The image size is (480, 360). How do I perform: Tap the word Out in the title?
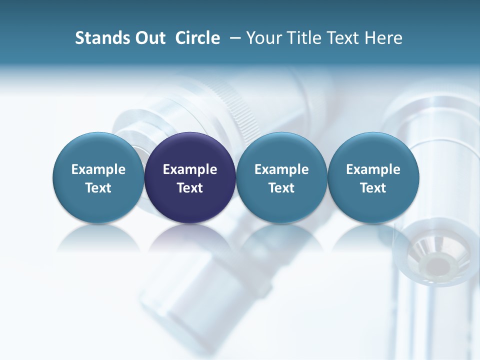(149, 38)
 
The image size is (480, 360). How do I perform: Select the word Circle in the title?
(197, 38)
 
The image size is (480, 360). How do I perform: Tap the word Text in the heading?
(345, 38)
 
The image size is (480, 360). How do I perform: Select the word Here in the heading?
(383, 38)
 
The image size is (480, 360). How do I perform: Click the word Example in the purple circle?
(190, 169)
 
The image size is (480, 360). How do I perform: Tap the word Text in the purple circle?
(190, 188)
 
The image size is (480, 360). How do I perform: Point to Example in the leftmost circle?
(98, 169)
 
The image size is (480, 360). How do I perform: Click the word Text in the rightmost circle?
(373, 188)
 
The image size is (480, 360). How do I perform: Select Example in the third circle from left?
(281, 169)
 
